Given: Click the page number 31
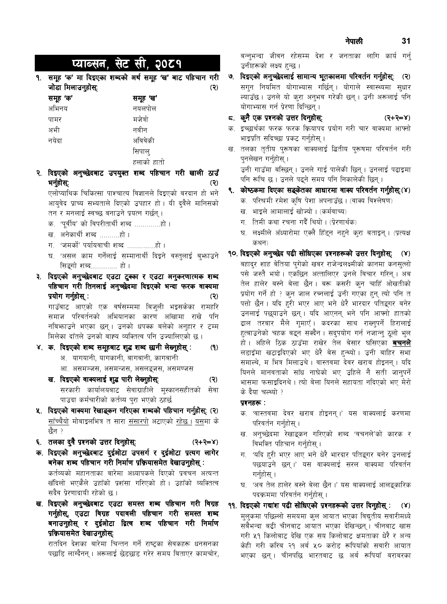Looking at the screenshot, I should click(x=406, y=41).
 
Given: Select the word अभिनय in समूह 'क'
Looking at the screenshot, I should click(x=58, y=109).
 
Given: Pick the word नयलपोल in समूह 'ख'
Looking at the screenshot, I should click(x=144, y=109).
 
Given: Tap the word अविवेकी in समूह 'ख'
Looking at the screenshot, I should click(x=144, y=141).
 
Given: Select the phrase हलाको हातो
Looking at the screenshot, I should click(x=149, y=162).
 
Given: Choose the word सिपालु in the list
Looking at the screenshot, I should click(x=142, y=151).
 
